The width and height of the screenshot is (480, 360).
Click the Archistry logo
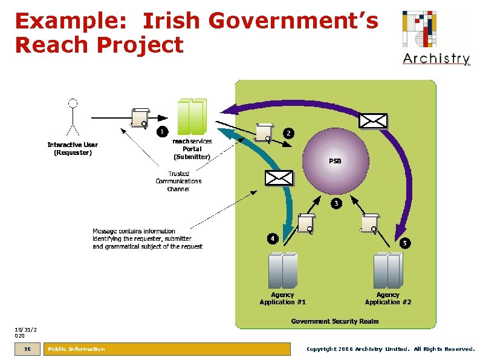[436, 38]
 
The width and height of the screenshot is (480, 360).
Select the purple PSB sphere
[336, 161]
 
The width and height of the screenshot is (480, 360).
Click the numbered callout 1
[161, 131]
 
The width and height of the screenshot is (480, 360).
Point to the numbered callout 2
[289, 133]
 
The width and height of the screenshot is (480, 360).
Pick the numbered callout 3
[336, 203]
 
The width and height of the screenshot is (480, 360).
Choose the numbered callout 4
[273, 238]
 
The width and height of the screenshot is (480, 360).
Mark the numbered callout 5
[404, 243]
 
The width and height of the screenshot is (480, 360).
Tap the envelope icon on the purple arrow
[373, 120]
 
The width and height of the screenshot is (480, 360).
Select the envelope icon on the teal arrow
[279, 177]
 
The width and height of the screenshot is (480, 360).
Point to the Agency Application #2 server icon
[388, 270]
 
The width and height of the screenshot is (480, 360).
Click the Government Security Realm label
[335, 321]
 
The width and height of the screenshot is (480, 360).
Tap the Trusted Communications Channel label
[178, 182]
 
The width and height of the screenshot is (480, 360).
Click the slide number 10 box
[27, 349]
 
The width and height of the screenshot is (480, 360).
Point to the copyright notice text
[391, 349]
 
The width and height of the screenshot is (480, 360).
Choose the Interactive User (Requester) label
[73, 149]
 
